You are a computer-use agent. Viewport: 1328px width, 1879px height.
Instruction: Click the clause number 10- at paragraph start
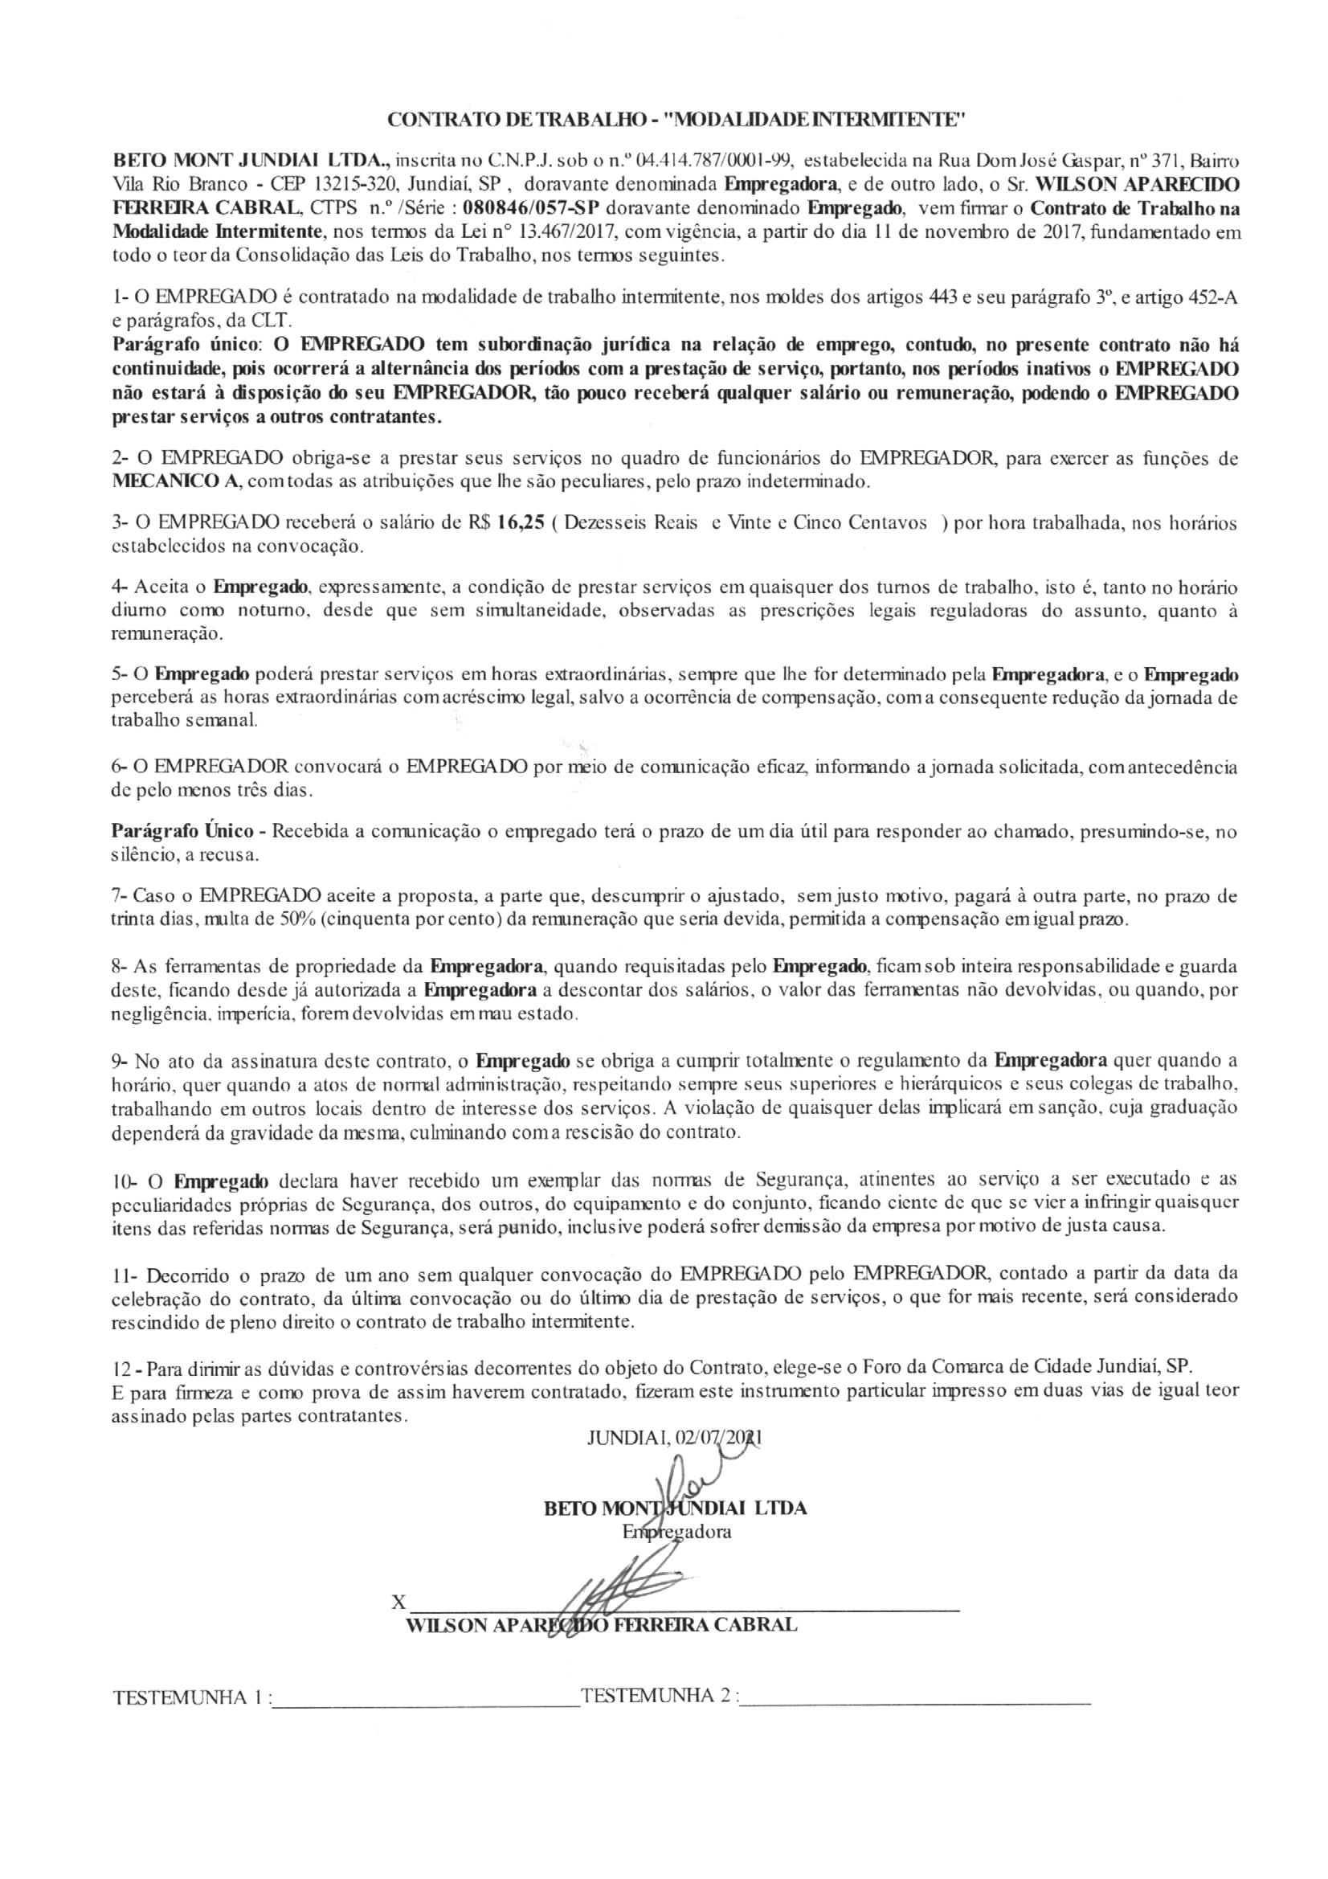[125, 1181]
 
